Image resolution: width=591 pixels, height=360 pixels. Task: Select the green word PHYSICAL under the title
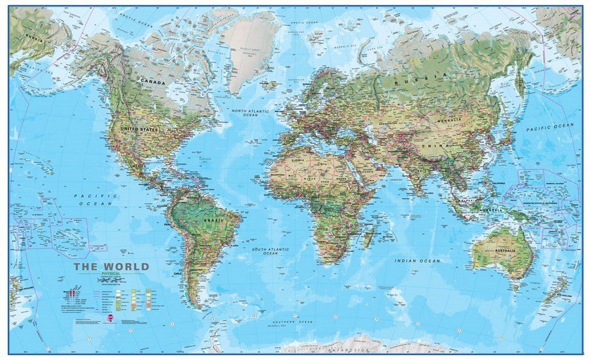[x=110, y=276]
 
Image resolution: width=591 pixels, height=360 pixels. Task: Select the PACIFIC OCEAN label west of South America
[x=93, y=200]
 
